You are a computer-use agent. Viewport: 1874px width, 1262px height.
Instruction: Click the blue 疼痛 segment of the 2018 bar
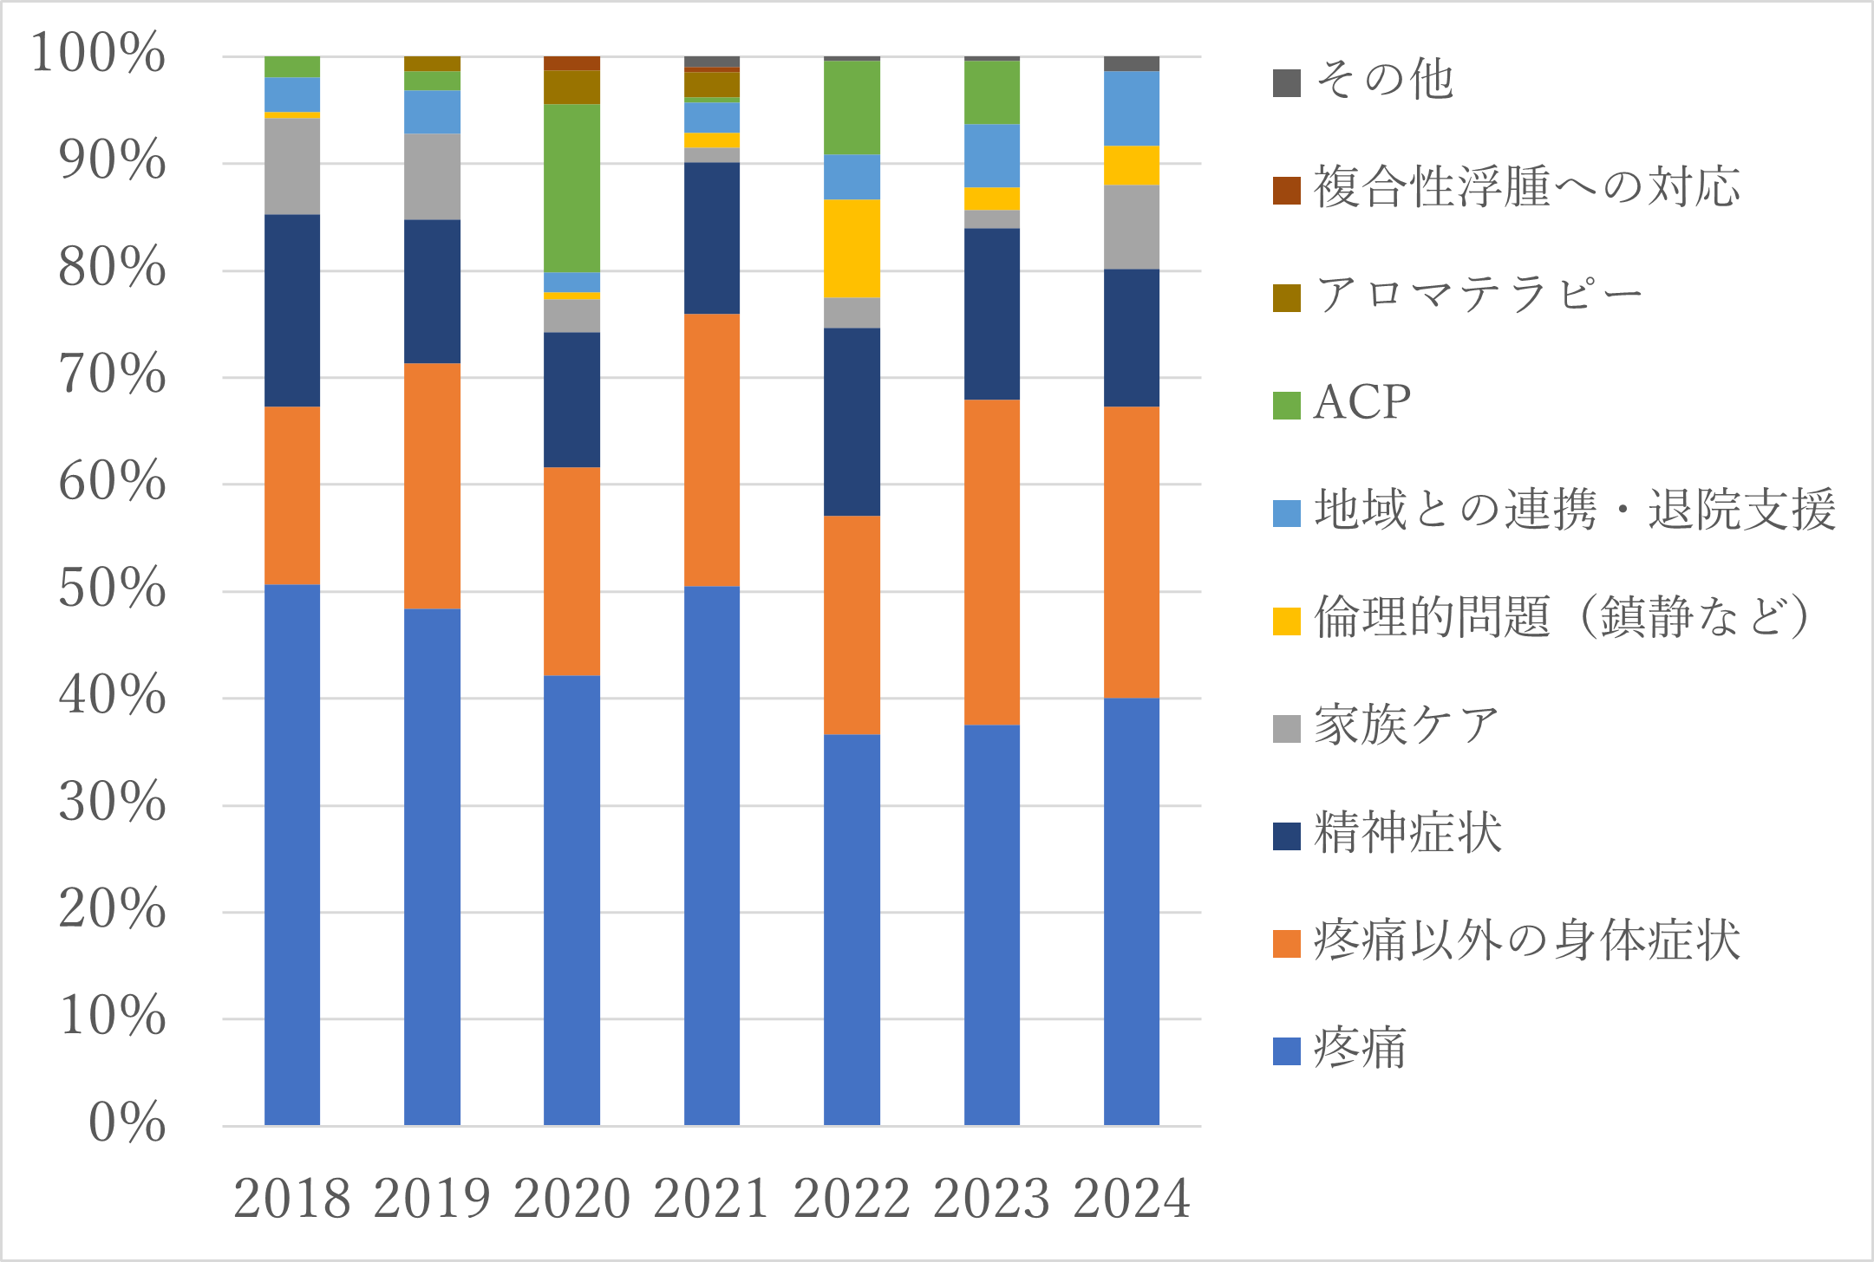(291, 854)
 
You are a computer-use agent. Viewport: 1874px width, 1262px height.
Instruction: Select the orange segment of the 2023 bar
(991, 562)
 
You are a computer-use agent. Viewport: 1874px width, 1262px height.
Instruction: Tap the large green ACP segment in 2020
(571, 188)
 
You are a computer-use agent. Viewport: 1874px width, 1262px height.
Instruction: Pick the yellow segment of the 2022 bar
(852, 248)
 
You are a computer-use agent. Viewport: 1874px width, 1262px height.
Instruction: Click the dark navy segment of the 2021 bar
(711, 237)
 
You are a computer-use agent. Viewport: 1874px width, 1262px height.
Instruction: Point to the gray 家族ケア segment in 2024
(1131, 227)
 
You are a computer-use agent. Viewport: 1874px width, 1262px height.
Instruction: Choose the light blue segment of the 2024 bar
(1131, 108)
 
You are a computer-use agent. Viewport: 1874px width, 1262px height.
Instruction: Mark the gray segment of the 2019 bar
(432, 176)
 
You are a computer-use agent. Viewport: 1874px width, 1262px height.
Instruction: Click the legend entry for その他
(1384, 81)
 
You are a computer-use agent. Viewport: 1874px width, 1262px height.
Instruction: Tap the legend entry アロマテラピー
(1478, 296)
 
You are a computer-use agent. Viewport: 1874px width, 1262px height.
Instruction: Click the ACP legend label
(1361, 403)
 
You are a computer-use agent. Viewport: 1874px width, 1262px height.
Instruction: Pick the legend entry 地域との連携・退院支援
(1574, 511)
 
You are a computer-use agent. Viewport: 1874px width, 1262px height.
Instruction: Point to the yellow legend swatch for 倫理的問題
(1286, 621)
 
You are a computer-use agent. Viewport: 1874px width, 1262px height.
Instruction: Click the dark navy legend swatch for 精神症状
(1286, 836)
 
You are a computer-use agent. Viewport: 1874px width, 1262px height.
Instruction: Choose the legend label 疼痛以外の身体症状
(1526, 941)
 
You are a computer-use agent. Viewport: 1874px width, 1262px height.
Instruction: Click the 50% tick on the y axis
(113, 589)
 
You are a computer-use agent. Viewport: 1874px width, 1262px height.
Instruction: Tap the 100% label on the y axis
(98, 54)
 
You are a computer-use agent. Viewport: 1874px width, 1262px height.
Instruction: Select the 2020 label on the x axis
(571, 1199)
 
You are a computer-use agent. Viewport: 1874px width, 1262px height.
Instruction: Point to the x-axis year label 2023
(991, 1199)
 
